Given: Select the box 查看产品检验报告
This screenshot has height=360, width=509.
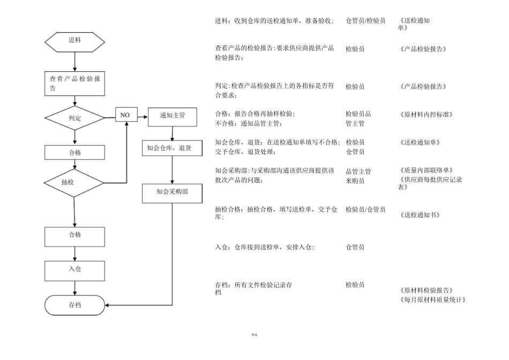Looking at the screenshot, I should tap(74, 83).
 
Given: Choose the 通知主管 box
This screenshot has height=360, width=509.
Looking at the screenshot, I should tap(173, 115).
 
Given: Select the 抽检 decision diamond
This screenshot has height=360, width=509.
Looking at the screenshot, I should tap(74, 183).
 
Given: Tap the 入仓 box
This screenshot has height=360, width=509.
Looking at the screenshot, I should tap(74, 269).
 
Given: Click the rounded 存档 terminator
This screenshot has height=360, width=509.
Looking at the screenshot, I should tap(74, 305).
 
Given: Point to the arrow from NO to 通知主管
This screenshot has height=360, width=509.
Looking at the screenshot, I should tap(142, 115).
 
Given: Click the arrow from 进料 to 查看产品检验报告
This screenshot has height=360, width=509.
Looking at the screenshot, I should tap(74, 61).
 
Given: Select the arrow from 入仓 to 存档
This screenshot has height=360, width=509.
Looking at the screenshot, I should tap(74, 288).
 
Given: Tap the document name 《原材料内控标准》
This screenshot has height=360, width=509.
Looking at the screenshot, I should tap(426, 114).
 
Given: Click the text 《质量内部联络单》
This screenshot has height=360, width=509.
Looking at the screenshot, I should tap(426, 170).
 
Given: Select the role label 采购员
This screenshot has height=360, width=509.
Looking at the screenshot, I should tap(355, 181).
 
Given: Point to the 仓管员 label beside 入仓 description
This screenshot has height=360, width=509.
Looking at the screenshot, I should tap(355, 247).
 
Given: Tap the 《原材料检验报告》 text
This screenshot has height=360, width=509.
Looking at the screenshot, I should tap(426, 290).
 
